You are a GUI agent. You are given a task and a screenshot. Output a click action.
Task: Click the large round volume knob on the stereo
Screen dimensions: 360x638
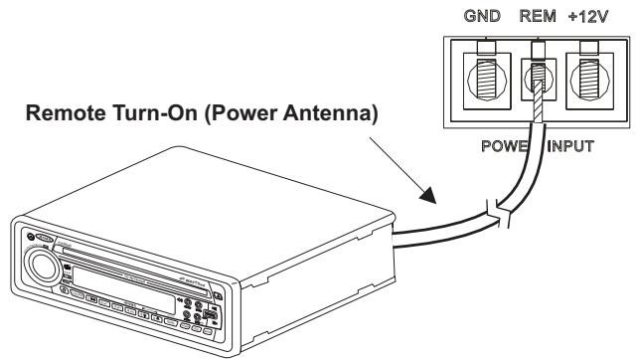(x=44, y=268)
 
